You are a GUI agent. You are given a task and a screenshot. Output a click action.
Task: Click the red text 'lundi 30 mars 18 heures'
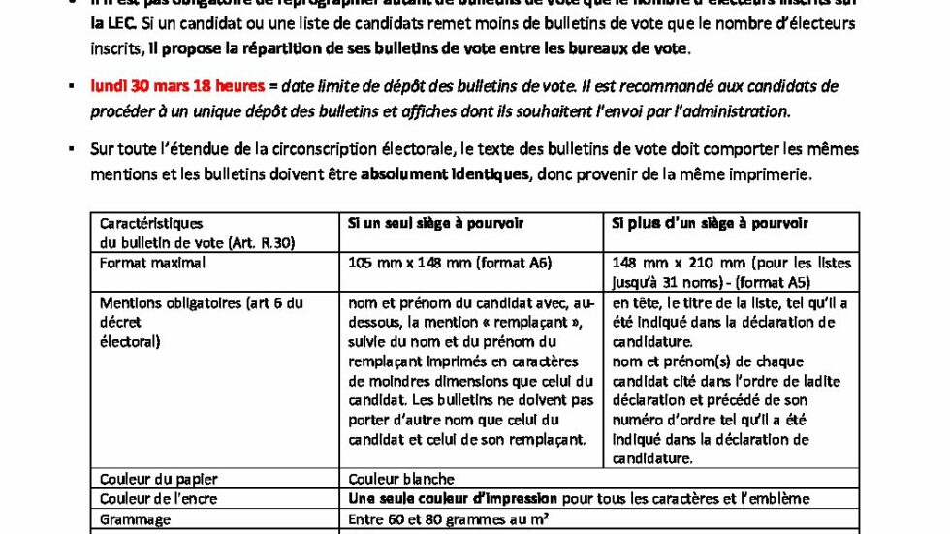(177, 86)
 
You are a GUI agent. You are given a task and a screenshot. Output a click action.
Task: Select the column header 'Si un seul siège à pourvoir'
(435, 224)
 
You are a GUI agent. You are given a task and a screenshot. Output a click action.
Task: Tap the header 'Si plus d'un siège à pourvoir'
(710, 224)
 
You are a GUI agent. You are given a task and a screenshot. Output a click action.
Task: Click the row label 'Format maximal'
(152, 263)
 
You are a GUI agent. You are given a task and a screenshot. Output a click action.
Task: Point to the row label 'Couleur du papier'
(159, 479)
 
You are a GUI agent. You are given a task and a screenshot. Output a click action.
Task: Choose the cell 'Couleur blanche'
(400, 479)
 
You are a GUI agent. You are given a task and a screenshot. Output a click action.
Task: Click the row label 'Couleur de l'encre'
(159, 499)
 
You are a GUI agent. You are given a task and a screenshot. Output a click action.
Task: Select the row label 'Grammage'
(136, 519)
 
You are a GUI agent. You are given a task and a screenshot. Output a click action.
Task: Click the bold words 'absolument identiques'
(445, 175)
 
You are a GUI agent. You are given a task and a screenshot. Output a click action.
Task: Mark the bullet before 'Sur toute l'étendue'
(71, 150)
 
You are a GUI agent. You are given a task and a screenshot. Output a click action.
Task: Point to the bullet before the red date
(71, 86)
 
